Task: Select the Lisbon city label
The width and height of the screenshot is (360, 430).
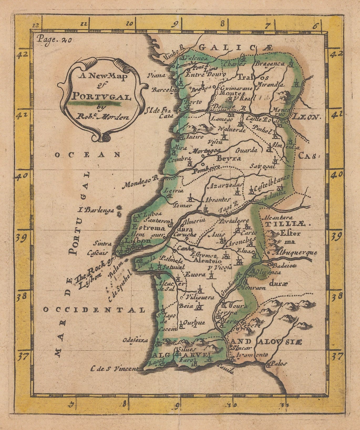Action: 134,240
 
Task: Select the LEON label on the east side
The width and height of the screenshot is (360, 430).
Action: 307,117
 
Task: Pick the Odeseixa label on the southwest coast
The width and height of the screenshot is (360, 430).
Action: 135,340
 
